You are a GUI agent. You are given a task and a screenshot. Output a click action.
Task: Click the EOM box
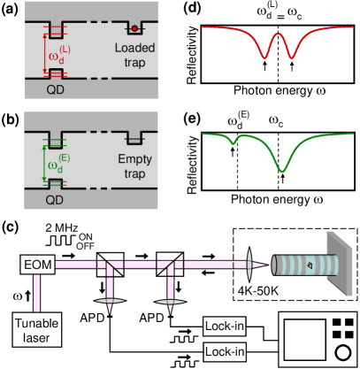36,263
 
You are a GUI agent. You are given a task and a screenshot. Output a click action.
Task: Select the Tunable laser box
36,330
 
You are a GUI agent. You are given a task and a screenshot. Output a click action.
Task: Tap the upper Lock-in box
223,326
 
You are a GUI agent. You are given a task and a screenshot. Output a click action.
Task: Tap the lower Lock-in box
223,351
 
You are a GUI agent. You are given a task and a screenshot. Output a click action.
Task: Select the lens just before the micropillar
251,263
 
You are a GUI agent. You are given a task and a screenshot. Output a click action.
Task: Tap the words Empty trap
134,165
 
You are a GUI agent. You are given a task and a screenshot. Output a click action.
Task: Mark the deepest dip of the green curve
282,167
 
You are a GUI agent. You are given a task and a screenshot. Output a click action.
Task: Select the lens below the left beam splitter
108,302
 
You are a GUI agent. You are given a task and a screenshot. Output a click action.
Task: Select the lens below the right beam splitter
167,302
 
